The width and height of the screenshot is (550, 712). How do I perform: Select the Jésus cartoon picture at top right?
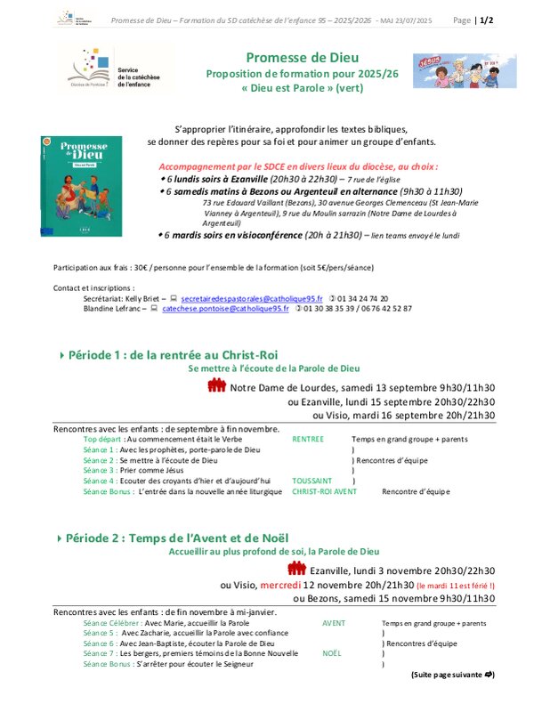476,70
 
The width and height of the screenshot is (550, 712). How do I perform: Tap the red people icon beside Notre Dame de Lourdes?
217,385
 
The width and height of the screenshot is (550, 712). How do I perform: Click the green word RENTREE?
308,439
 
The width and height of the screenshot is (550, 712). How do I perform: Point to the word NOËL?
332,652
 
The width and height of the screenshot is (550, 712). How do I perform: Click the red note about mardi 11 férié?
456,586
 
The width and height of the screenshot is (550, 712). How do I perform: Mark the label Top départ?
103,439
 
